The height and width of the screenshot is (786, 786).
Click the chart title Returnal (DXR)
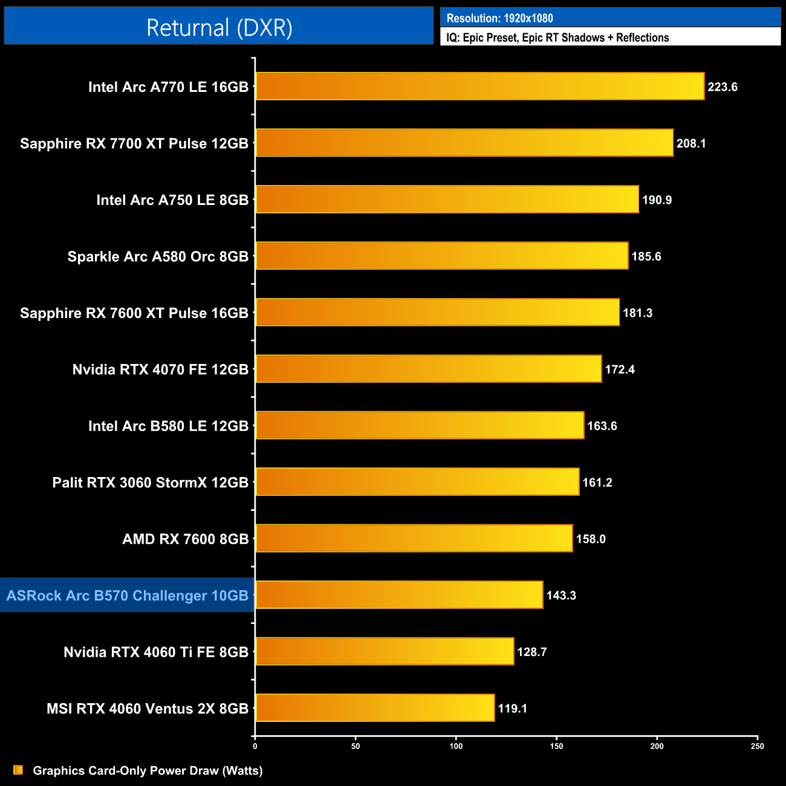[x=219, y=27]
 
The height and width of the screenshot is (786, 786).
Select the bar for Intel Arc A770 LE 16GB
[x=480, y=86]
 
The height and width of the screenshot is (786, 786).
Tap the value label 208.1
[x=691, y=143]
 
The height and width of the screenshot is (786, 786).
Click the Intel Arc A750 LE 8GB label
[x=172, y=200]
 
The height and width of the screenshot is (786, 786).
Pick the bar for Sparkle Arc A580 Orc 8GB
[x=442, y=256]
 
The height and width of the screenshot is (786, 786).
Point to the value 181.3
[x=637, y=313]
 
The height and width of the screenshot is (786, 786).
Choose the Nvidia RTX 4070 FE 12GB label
[x=160, y=369]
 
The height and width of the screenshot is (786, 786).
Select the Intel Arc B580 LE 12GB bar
[x=420, y=426]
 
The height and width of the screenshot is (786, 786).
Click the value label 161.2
[x=597, y=482]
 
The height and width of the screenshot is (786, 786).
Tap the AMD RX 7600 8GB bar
[x=414, y=539]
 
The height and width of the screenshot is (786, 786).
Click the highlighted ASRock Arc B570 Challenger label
[x=128, y=596]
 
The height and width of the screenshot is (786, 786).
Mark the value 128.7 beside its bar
[x=531, y=652]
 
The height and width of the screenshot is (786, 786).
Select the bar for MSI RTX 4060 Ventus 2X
[x=375, y=708]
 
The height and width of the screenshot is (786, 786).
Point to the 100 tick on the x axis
[x=456, y=746]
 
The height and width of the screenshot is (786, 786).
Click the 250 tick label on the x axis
[x=757, y=746]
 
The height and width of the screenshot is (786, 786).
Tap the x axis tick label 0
[x=255, y=746]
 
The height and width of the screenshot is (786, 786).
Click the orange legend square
[x=18, y=770]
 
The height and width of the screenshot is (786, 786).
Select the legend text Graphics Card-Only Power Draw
[x=148, y=770]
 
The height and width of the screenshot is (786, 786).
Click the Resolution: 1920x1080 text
[x=499, y=18]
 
